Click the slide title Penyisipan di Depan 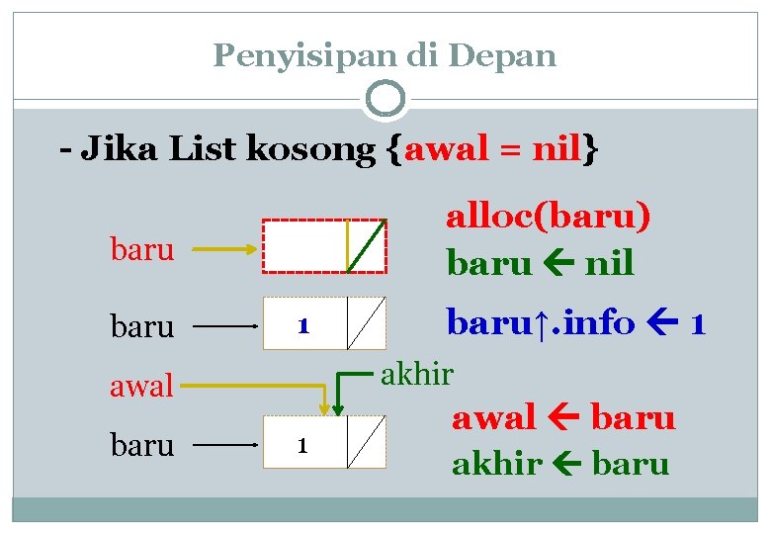(x=385, y=55)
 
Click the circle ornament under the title (x=385, y=99)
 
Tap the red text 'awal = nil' (x=493, y=150)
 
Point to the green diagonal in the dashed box (x=368, y=245)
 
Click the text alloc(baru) (x=549, y=216)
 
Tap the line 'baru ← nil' (x=540, y=263)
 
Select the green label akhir (x=417, y=374)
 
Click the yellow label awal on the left (x=141, y=385)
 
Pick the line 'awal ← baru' (x=563, y=418)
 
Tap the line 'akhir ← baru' (x=560, y=463)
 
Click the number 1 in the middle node (x=305, y=324)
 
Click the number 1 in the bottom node (x=305, y=446)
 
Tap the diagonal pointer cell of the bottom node (x=367, y=443)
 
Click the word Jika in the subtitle (x=124, y=150)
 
